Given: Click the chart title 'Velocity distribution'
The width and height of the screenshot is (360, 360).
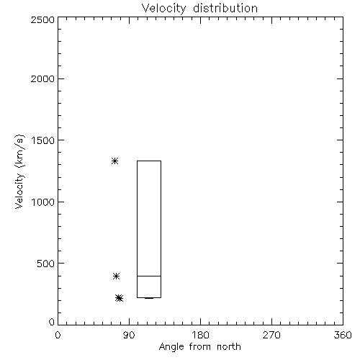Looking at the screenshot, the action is pyautogui.click(x=199, y=9).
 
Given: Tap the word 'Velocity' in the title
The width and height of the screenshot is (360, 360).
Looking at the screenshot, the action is pyautogui.click(x=163, y=9).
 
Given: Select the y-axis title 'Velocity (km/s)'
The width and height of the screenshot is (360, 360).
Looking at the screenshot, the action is pyautogui.click(x=19, y=171).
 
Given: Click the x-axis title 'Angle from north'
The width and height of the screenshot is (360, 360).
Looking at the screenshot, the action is pyautogui.click(x=199, y=347).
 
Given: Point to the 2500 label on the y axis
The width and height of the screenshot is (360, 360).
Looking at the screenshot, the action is pyautogui.click(x=42, y=19).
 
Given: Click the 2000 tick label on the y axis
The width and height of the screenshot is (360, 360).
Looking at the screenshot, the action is pyautogui.click(x=42, y=78).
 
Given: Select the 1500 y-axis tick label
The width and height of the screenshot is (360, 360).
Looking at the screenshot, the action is pyautogui.click(x=43, y=140).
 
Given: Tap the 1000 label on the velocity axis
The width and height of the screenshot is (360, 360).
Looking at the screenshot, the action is pyautogui.click(x=43, y=202).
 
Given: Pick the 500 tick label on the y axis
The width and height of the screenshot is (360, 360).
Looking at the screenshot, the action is pyautogui.click(x=46, y=264).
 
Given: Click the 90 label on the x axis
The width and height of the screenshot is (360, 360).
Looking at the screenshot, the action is pyautogui.click(x=129, y=335).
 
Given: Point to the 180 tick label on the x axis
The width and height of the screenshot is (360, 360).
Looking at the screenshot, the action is pyautogui.click(x=200, y=335).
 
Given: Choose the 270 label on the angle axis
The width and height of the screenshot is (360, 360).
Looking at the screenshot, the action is pyautogui.click(x=271, y=335).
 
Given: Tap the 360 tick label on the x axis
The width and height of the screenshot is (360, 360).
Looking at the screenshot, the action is pyautogui.click(x=343, y=335).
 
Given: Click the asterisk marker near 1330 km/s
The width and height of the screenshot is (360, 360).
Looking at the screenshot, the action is pyautogui.click(x=115, y=161).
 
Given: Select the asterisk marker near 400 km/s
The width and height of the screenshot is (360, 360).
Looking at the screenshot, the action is pyautogui.click(x=116, y=276).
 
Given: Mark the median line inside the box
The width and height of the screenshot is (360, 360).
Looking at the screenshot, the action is pyautogui.click(x=149, y=276).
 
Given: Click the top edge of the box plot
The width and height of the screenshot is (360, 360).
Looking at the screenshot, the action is pyautogui.click(x=149, y=161).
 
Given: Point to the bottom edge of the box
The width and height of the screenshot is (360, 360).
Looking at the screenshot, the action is pyautogui.click(x=149, y=297).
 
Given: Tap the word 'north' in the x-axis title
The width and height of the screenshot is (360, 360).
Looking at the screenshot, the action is pyautogui.click(x=229, y=347).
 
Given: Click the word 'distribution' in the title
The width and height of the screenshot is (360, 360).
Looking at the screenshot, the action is pyautogui.click(x=225, y=8).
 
